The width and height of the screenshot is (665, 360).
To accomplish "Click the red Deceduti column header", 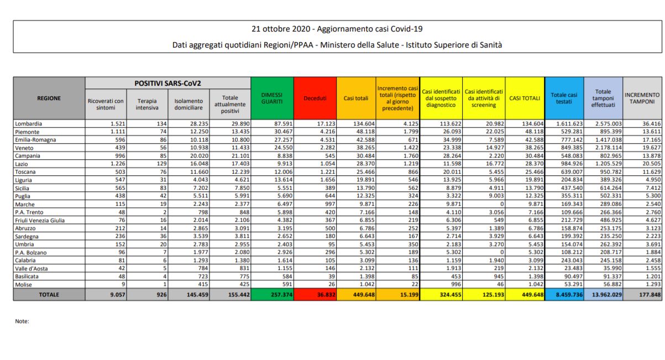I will (x=315, y=98).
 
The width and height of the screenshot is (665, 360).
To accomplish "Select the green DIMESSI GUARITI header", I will (x=272, y=98).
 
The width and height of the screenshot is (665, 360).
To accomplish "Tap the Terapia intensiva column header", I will (x=146, y=105).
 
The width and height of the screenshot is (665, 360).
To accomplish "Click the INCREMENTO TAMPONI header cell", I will (x=642, y=98).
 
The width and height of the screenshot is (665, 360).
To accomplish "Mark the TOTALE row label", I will (x=49, y=295).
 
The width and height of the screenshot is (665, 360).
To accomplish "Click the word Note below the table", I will (x=22, y=321).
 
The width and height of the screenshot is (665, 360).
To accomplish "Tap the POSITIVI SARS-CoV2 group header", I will (x=167, y=83).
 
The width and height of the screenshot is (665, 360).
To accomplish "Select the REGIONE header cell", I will (x=49, y=98).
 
